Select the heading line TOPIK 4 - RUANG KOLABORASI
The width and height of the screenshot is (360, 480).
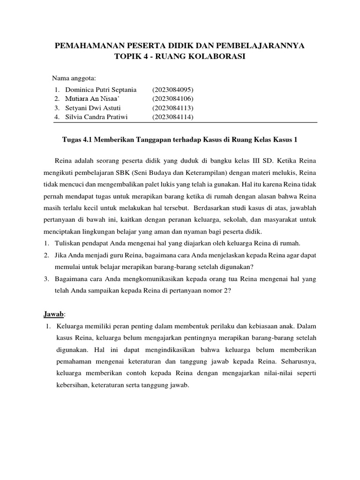click(x=180, y=57)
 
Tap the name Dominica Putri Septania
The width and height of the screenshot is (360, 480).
click(x=95, y=90)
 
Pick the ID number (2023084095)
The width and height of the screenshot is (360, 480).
click(x=172, y=90)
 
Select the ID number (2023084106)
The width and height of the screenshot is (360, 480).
click(x=172, y=98)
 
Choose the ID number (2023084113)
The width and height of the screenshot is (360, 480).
click(x=172, y=108)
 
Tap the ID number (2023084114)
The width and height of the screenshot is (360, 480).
click(x=172, y=117)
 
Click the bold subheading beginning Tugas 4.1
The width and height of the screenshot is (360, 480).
click(x=180, y=140)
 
